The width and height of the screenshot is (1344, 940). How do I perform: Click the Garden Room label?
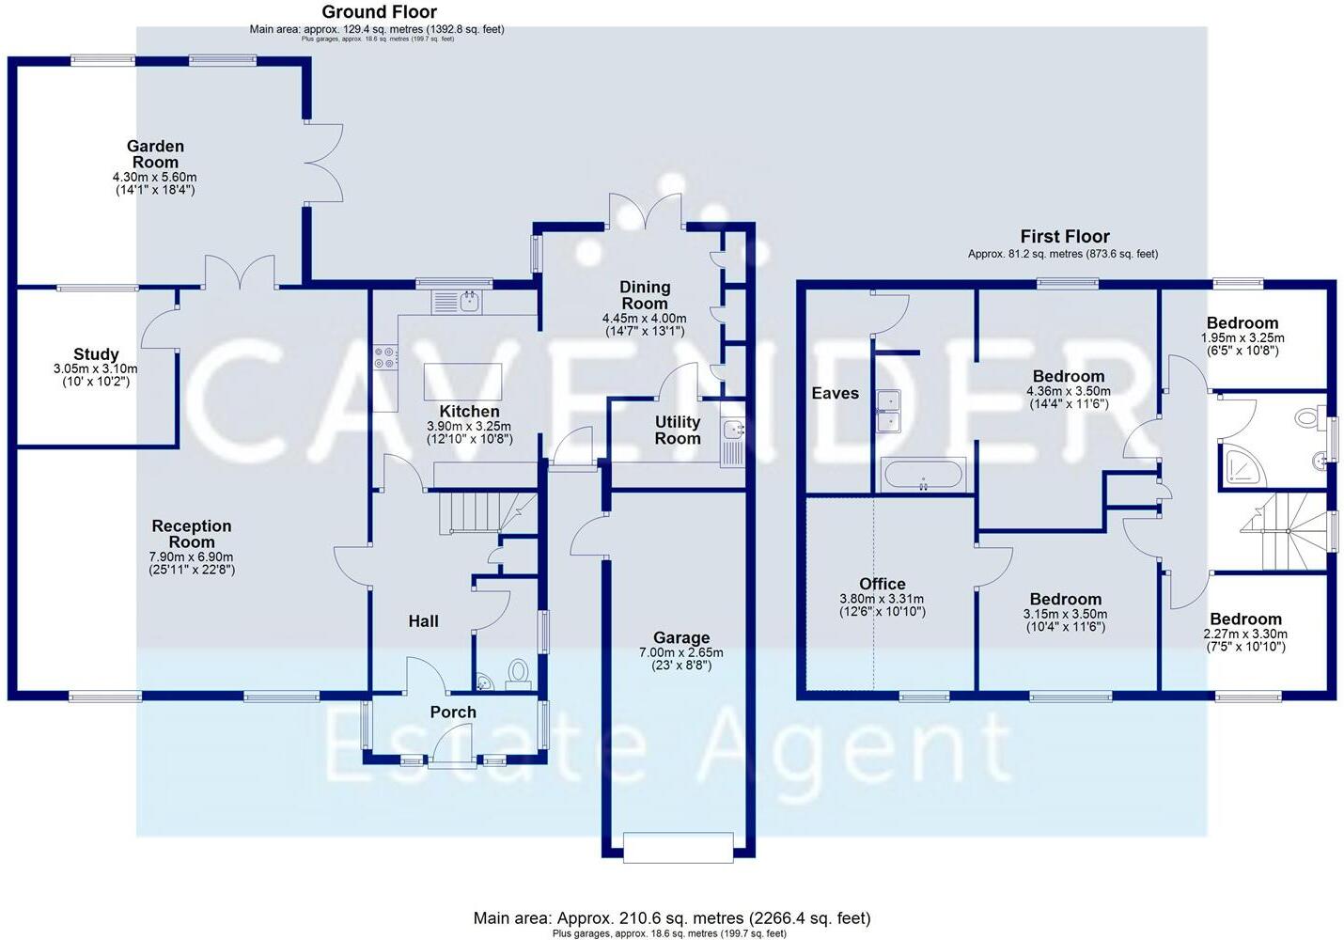(x=155, y=154)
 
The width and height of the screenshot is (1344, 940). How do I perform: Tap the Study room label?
(x=96, y=354)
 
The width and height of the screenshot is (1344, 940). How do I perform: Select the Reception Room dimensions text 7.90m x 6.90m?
(x=191, y=557)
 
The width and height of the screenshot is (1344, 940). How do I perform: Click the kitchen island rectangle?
(x=462, y=382)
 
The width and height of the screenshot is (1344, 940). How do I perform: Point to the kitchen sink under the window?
(x=468, y=302)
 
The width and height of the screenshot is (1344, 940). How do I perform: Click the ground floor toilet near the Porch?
(x=518, y=671)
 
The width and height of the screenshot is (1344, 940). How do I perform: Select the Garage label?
(x=681, y=637)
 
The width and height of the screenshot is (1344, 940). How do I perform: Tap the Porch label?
(x=453, y=713)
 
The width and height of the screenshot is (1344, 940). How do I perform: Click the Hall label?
(x=423, y=621)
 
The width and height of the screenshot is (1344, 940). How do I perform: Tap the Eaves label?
(x=835, y=393)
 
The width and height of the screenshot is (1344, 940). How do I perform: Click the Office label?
(x=882, y=584)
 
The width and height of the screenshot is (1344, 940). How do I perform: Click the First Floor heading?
(x=1064, y=237)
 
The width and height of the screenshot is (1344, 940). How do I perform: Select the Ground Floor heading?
(x=379, y=12)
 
